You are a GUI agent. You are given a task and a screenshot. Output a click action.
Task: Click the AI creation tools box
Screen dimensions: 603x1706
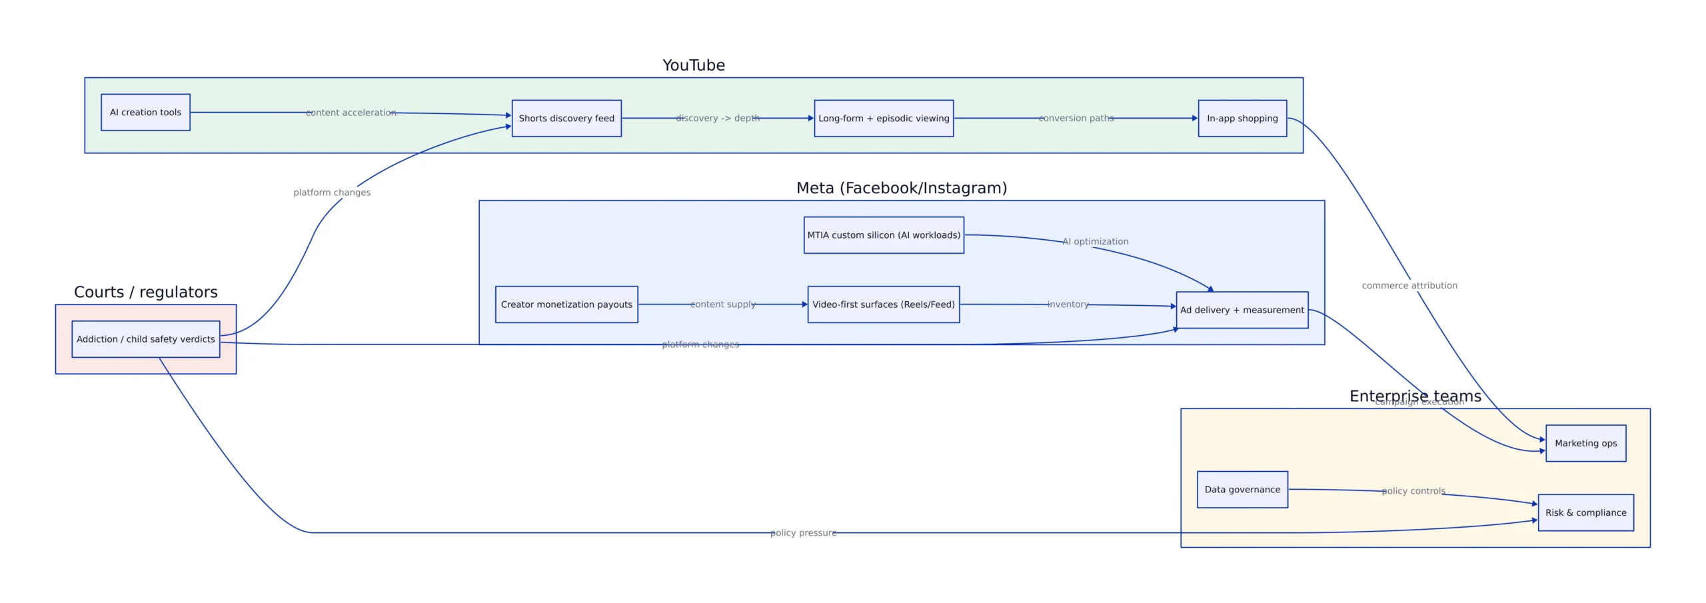(x=145, y=112)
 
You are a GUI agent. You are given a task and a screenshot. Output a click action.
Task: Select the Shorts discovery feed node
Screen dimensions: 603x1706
(x=566, y=118)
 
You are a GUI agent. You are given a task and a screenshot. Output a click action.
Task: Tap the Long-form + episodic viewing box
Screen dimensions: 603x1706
(x=884, y=118)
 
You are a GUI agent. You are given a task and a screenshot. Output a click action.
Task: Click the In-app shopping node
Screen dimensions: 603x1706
(x=1242, y=118)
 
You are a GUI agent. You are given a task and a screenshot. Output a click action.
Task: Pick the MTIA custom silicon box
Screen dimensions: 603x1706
(x=884, y=235)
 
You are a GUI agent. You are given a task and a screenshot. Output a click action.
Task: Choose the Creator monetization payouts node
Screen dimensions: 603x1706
(x=566, y=304)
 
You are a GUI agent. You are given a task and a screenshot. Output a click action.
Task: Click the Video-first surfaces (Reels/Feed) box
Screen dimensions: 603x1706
(x=884, y=304)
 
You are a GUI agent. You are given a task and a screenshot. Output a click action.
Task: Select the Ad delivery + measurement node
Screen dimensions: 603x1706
(x=1242, y=310)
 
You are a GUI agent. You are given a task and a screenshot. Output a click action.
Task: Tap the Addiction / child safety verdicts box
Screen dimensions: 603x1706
(x=146, y=338)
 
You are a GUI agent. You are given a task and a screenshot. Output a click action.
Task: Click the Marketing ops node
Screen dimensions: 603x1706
(x=1585, y=443)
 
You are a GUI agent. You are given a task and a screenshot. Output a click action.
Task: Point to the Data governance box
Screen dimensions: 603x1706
(x=1242, y=489)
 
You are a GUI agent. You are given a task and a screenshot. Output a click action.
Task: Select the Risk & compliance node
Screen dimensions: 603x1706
(x=1585, y=512)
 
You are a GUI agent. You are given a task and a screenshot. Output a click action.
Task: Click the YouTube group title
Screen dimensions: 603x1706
(x=694, y=65)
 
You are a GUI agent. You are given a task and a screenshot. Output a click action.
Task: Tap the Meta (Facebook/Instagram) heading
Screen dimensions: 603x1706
(x=902, y=188)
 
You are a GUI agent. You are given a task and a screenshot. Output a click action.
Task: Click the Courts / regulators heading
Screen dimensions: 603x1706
(x=146, y=292)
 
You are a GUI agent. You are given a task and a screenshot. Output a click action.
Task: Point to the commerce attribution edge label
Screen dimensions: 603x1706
(x=1409, y=285)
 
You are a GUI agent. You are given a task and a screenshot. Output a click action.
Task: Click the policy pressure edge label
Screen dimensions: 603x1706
(x=803, y=532)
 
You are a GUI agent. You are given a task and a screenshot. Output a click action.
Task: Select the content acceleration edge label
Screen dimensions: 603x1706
(x=351, y=113)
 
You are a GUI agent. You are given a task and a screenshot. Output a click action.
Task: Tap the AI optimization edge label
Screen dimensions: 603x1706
(x=1095, y=241)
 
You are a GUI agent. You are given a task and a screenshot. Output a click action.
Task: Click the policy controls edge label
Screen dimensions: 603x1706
(x=1413, y=491)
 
